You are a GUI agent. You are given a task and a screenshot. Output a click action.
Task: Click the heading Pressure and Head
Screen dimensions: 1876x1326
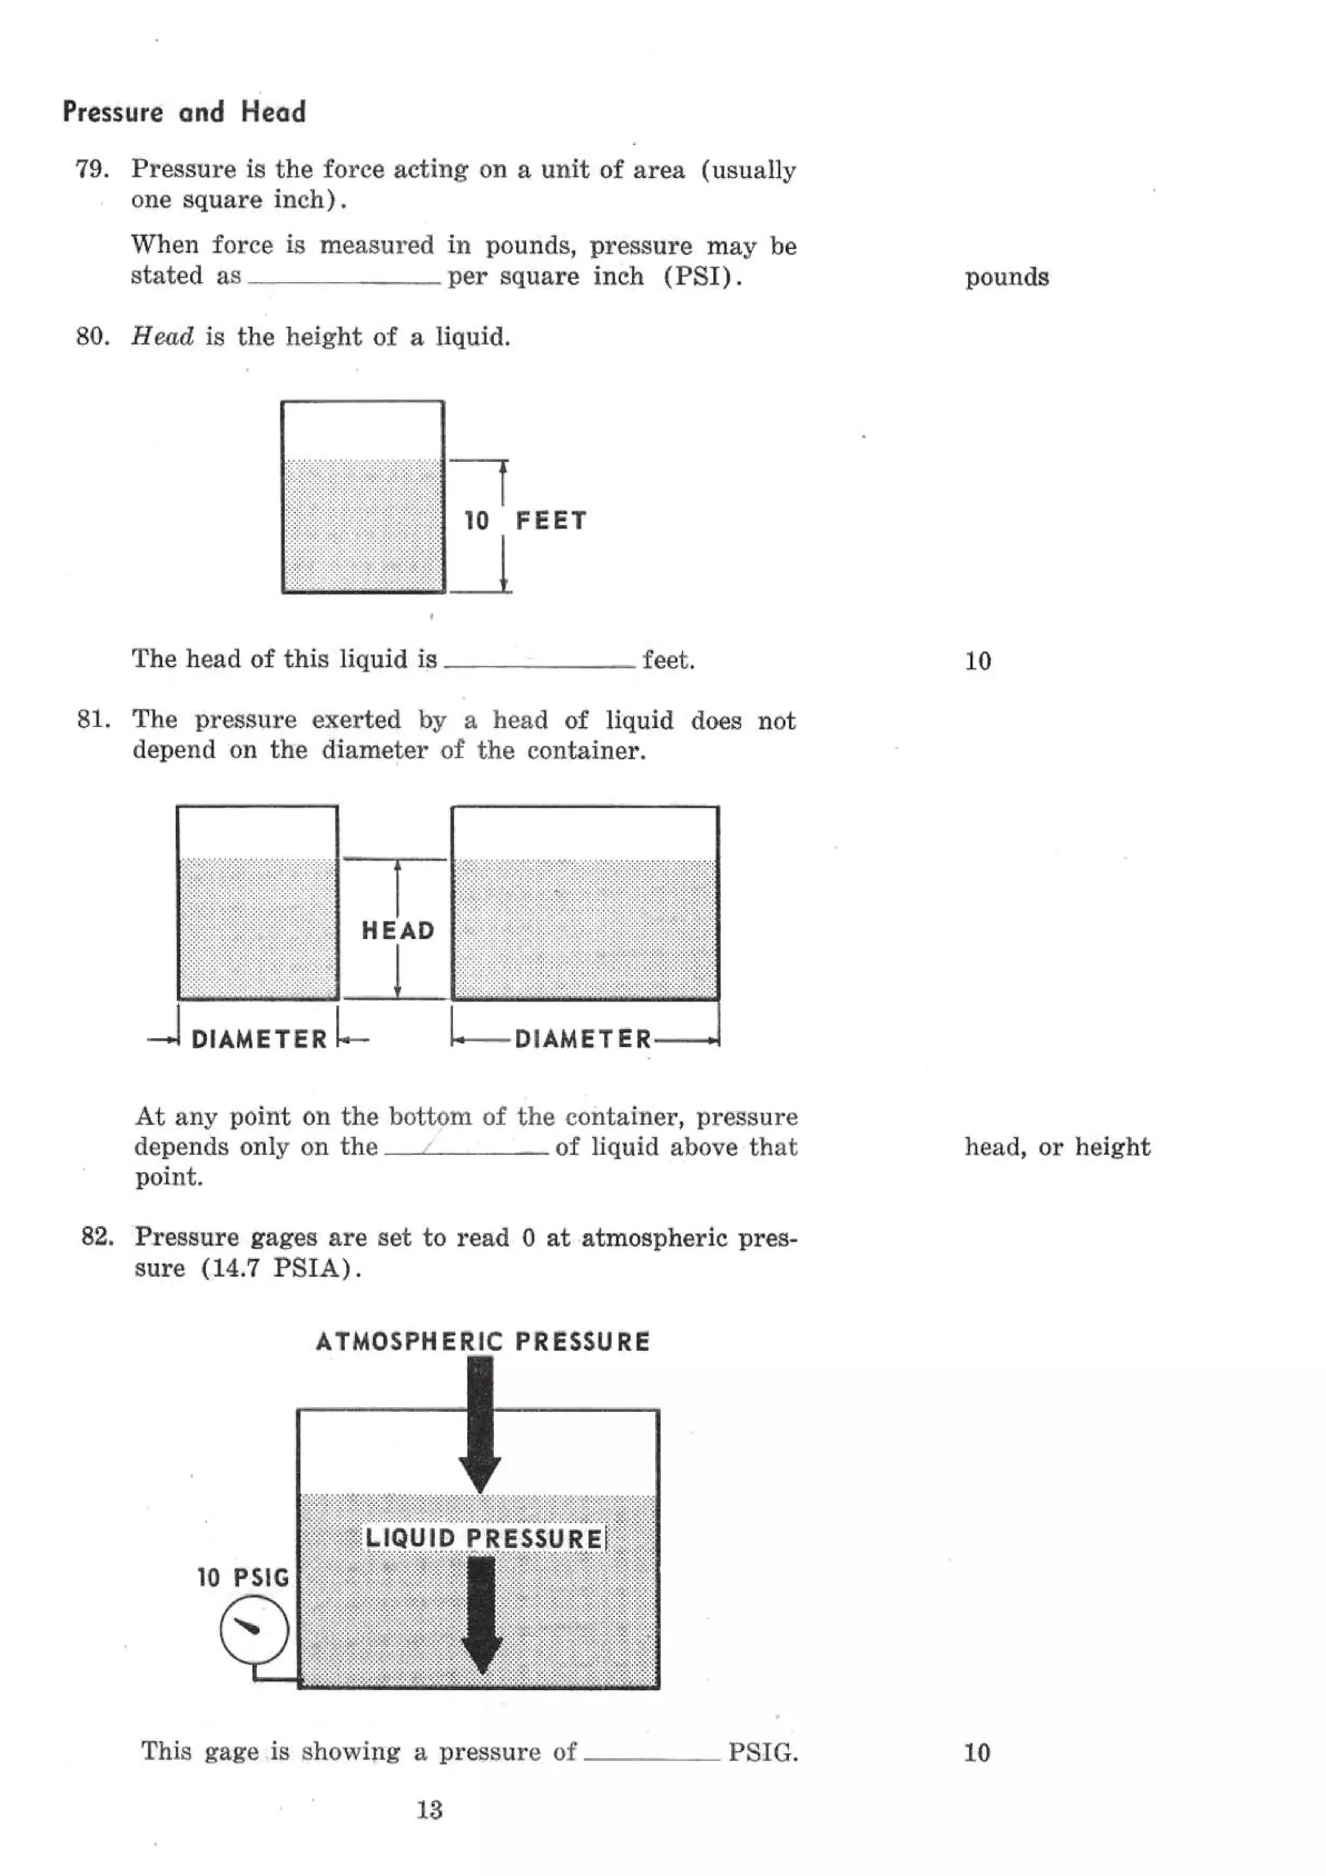[x=184, y=111]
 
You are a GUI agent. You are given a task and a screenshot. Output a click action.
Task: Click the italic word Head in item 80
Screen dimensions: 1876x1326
[x=163, y=337]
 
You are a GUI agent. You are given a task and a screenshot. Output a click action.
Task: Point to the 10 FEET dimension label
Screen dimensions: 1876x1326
[x=525, y=521]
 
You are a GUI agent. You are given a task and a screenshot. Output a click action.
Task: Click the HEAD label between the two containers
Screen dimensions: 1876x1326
[x=398, y=930]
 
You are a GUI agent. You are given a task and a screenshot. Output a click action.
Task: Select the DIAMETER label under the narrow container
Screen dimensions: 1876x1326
[x=259, y=1039]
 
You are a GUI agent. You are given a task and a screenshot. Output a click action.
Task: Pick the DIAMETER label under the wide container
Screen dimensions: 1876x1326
[x=583, y=1039]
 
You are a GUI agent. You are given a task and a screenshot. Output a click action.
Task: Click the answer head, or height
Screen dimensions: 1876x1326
[x=1057, y=1147]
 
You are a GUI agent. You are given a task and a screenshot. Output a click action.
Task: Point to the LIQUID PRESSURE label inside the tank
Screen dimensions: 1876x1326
[x=484, y=1538]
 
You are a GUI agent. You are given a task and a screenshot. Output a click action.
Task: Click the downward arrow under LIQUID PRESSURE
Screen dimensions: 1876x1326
[x=481, y=1614]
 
